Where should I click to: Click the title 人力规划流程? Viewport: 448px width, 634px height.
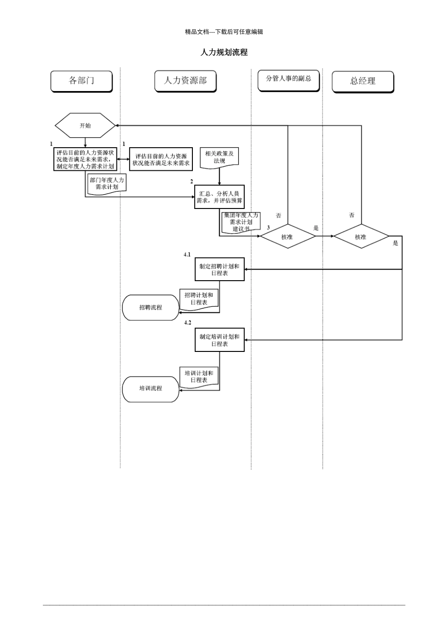(224, 52)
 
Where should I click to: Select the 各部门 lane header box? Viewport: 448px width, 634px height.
(82, 81)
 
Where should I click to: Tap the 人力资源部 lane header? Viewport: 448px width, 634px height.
(185, 81)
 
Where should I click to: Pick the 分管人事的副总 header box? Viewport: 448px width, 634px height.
(289, 79)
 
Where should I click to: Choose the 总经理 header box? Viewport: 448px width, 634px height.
(363, 82)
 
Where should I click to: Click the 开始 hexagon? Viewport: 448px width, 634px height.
(85, 125)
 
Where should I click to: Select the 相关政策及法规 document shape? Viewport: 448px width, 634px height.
(219, 158)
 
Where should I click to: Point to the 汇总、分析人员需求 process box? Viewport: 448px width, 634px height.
(219, 197)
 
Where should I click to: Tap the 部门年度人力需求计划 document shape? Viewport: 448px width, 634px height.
(107, 184)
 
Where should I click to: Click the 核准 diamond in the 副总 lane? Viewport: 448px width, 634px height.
(287, 236)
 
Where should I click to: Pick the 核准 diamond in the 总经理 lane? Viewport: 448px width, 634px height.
(361, 236)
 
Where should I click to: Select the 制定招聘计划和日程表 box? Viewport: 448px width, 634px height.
(219, 269)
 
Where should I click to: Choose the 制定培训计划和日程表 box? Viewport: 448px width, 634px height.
(219, 340)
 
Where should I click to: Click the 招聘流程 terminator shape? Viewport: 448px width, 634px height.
(151, 308)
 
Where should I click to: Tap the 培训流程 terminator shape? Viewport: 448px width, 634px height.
(151, 388)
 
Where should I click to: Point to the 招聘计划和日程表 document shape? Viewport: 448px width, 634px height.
(199, 299)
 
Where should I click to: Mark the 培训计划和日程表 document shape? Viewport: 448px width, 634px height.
(199, 376)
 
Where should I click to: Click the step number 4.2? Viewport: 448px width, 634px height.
(188, 322)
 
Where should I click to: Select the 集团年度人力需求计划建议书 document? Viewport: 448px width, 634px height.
(241, 222)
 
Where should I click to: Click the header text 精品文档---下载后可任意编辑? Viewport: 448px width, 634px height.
(224, 32)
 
